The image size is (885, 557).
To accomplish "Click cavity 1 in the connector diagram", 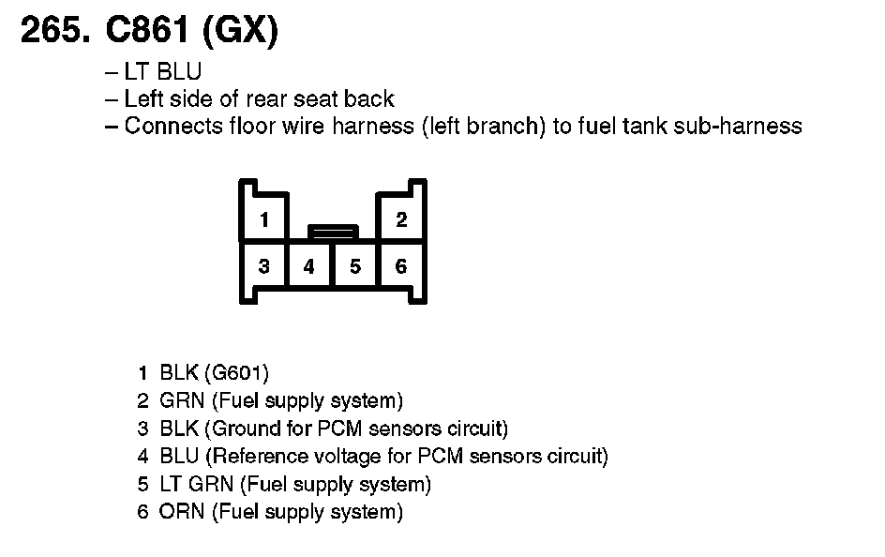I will tap(264, 220).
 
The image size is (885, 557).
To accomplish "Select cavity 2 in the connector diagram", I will tap(401, 220).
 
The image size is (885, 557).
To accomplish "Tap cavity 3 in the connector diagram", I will tap(264, 266).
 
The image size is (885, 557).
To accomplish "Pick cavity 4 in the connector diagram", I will tap(309, 266).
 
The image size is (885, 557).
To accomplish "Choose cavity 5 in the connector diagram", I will tap(355, 266).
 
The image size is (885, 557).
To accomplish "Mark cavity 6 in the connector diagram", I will tap(401, 266).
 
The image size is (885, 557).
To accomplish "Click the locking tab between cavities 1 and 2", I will tap(333, 230).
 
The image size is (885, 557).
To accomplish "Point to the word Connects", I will tap(172, 126).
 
